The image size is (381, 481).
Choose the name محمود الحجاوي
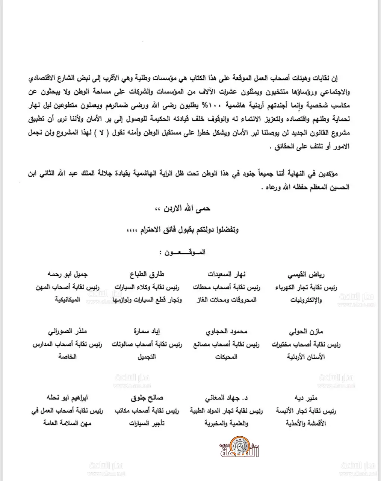point(225,332)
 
